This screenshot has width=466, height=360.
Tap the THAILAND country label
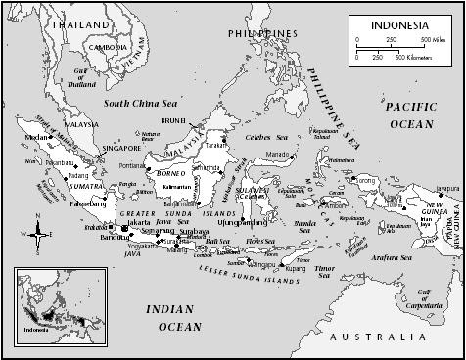[x=81, y=22]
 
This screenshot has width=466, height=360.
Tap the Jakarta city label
[x=140, y=222]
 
